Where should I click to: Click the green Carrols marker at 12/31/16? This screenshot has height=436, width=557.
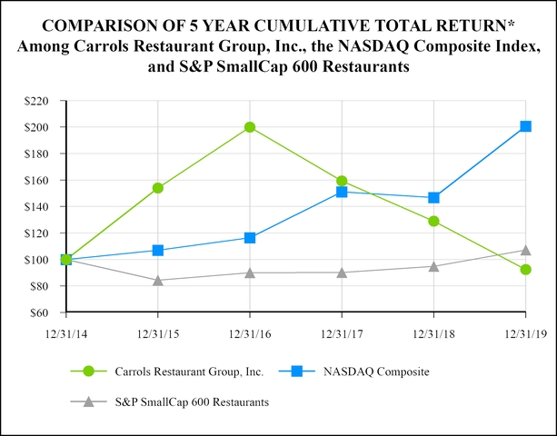point(250,127)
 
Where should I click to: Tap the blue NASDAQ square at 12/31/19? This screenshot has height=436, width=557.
point(525,126)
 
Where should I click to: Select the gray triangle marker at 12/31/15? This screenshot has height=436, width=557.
point(158,281)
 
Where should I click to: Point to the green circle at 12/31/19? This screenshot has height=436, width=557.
point(525,270)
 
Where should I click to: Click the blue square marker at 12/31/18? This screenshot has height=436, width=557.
point(433,197)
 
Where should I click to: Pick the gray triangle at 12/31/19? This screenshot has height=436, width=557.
point(525,250)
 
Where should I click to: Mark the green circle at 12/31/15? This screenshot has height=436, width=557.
point(158,188)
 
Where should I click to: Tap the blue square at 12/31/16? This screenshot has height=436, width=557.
point(250,238)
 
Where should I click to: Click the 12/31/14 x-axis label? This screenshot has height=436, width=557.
point(66,333)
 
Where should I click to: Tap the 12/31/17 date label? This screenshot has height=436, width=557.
point(342,333)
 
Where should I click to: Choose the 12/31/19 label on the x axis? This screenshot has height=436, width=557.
point(525,333)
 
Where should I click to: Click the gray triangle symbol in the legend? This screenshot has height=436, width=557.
point(88,401)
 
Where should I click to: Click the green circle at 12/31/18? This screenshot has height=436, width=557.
point(433,221)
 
